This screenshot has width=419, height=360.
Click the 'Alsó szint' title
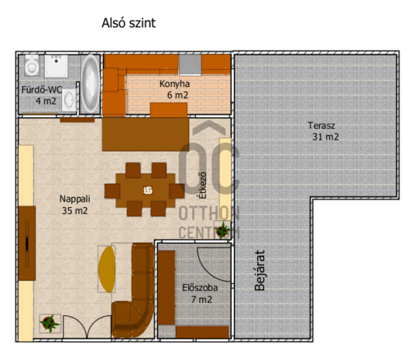click(x=128, y=23)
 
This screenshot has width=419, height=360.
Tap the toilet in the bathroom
click(x=32, y=65)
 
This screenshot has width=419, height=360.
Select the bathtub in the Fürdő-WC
click(x=90, y=84)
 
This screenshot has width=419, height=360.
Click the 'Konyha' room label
click(x=174, y=84)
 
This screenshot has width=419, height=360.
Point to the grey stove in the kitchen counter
click(x=190, y=65)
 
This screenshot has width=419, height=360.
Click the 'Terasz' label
click(x=321, y=125)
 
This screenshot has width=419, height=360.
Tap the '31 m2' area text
click(x=325, y=137)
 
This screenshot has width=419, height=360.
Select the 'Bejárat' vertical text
click(x=259, y=270)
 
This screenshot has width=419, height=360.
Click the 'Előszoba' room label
click(x=200, y=288)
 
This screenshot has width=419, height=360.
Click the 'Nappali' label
click(x=75, y=199)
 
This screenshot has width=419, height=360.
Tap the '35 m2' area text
click(x=75, y=211)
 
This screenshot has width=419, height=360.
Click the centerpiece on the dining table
click(x=148, y=190)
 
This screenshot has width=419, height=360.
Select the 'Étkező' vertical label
click(x=203, y=185)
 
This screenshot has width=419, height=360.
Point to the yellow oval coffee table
click(x=107, y=269)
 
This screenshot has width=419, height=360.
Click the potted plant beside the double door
click(x=50, y=323)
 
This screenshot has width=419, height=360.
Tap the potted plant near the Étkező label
click(x=222, y=230)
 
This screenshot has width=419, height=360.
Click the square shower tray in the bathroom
click(x=56, y=66)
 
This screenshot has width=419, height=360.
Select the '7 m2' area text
click(x=202, y=300)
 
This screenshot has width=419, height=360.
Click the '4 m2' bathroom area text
click(x=46, y=101)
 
